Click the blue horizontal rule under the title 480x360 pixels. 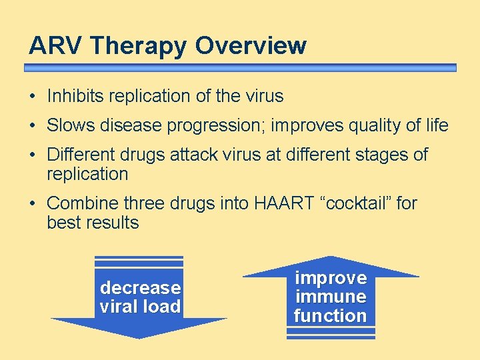pyautogui.click(x=240, y=68)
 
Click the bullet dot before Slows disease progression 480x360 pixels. pyautogui.click(x=33, y=125)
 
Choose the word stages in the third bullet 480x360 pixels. pyautogui.click(x=383, y=155)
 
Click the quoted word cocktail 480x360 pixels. pyautogui.click(x=356, y=203)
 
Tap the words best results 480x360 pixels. pyautogui.click(x=93, y=223)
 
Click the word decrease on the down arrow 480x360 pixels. pyautogui.click(x=140, y=288)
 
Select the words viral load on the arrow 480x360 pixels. pyautogui.click(x=140, y=307)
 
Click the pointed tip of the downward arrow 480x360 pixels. pyautogui.click(x=139, y=337)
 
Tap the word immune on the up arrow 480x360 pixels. pyautogui.click(x=331, y=297)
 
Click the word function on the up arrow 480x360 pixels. pyautogui.click(x=331, y=315)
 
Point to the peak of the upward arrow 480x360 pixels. pyautogui.click(x=331, y=258)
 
